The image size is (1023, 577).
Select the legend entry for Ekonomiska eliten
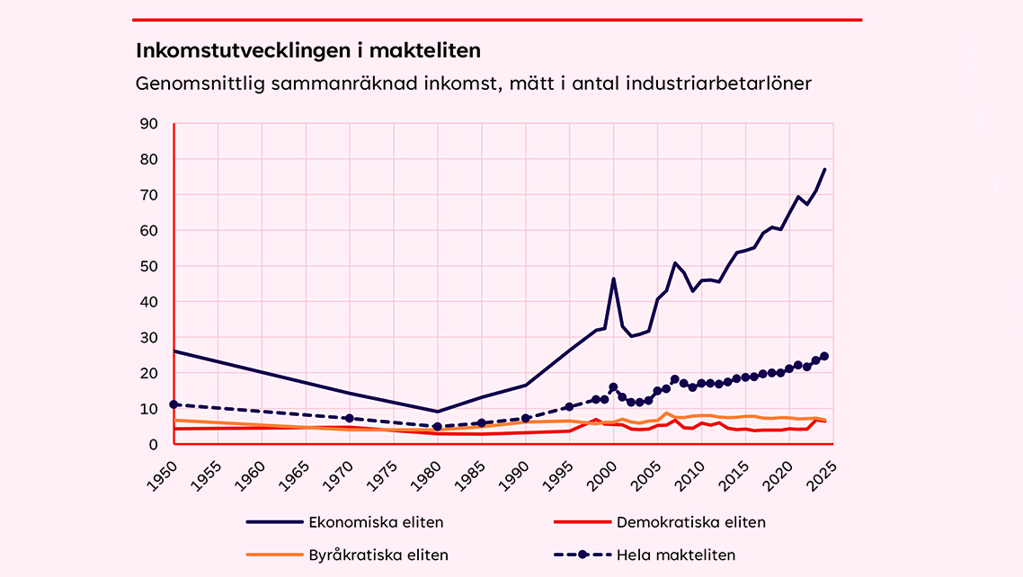tap(376, 522)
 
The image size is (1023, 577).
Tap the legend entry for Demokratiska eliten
tap(691, 522)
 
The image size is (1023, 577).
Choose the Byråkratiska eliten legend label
tap(378, 555)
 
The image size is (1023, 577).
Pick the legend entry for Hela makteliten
tap(675, 555)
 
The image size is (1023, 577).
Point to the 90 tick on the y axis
tap(149, 124)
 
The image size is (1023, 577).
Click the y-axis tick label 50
tap(149, 266)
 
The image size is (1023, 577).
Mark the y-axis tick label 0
tap(154, 444)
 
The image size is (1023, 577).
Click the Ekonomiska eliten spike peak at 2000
tap(613, 279)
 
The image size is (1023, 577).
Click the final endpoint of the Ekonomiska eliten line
tap(824, 169)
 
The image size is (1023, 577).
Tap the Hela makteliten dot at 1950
tap(173, 404)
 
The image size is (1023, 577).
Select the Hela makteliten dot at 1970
tap(349, 418)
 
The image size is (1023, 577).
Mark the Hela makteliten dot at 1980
tap(437, 427)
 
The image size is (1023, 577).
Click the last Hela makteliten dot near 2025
tap(824, 356)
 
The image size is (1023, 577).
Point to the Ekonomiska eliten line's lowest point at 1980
tap(437, 412)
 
